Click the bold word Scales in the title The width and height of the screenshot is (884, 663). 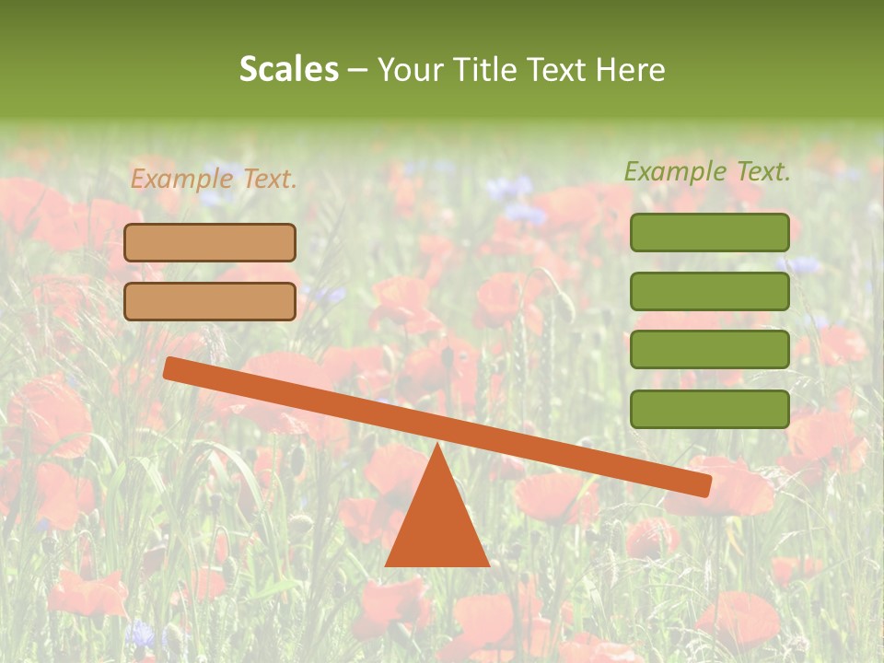[288, 69]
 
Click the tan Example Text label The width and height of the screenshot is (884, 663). [214, 180]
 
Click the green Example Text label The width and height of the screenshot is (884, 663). [707, 171]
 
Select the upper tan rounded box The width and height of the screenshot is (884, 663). [210, 242]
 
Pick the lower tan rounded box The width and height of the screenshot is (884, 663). [210, 301]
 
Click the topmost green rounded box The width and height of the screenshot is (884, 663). [710, 232]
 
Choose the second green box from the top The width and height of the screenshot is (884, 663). [710, 291]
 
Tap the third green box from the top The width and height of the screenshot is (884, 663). [710, 350]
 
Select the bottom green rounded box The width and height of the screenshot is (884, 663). [710, 409]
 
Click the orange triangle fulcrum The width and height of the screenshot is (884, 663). [436, 520]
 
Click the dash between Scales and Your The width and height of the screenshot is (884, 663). [357, 70]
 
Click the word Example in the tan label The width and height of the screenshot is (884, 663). [182, 180]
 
